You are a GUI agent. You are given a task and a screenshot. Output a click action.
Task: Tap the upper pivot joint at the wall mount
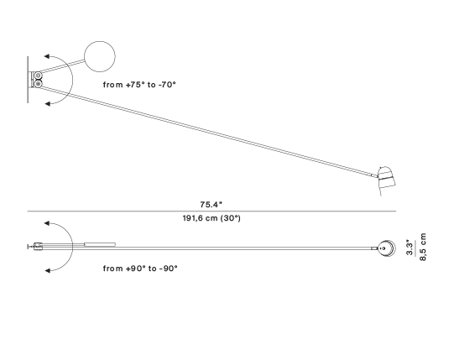coord(38,76)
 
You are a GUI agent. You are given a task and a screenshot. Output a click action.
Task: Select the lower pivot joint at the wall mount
coord(38,84)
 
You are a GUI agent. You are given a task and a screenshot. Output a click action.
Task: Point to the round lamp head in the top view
coord(387,248)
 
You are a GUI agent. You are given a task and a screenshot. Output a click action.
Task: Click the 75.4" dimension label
coord(211,205)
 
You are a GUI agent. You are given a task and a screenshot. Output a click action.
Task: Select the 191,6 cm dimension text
coord(200,218)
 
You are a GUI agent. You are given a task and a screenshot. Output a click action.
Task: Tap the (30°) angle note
coord(231,218)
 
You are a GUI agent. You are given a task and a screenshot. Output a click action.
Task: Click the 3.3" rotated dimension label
coord(410,248)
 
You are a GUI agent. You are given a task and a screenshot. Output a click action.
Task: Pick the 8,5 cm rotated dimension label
coord(423,247)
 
